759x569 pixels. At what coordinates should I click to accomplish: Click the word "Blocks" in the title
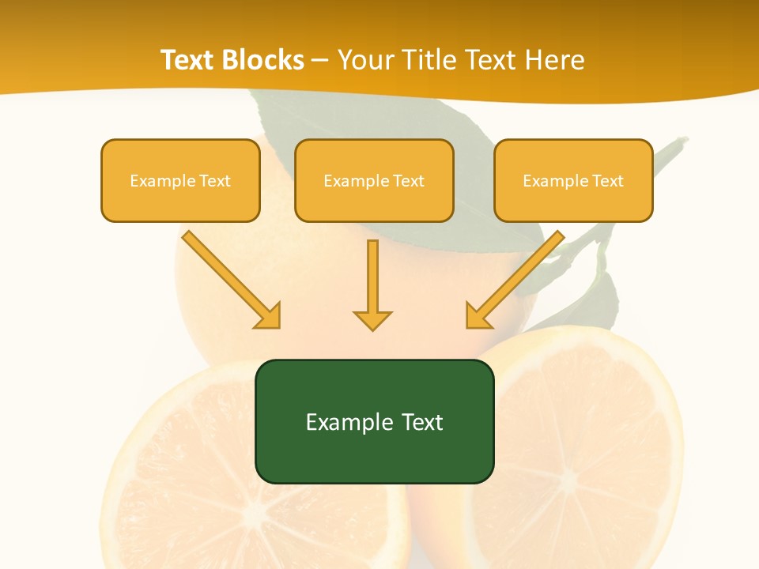pyautogui.click(x=265, y=60)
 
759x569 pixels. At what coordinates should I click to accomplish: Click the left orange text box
pyautogui.click(x=180, y=180)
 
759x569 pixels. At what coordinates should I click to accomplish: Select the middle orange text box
pyautogui.click(x=374, y=180)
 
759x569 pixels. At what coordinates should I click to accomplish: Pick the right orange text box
pyautogui.click(x=573, y=180)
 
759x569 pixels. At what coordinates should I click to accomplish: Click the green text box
pyautogui.click(x=374, y=421)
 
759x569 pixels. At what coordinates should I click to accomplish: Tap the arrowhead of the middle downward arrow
pyautogui.click(x=372, y=320)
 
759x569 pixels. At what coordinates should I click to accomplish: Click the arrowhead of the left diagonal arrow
pyautogui.click(x=269, y=316)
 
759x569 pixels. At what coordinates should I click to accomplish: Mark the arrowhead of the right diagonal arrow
pyautogui.click(x=478, y=316)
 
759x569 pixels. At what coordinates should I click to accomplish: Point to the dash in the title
pyautogui.click(x=320, y=61)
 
